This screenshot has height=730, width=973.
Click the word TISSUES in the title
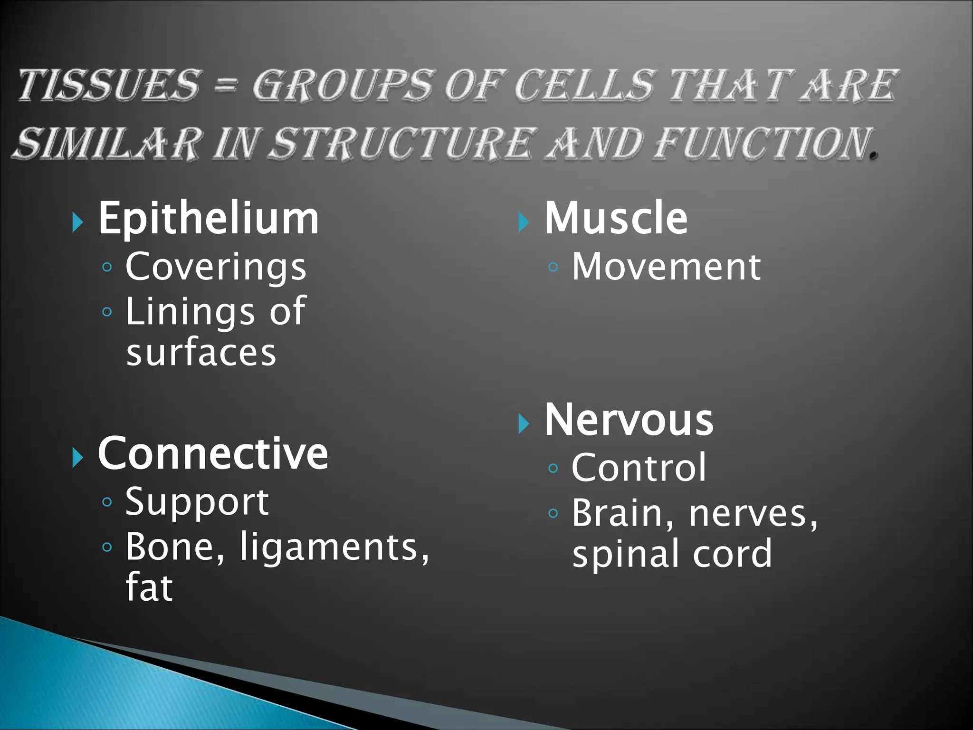(108, 86)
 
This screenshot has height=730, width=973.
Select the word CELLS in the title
(584, 86)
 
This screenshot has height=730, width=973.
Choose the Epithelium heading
(209, 219)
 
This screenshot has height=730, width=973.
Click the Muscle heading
(616, 218)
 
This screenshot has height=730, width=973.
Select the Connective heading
(213, 453)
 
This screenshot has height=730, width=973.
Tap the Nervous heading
(629, 420)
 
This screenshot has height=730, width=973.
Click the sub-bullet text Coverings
(216, 267)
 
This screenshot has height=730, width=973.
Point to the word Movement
(666, 267)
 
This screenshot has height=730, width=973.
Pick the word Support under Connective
(197, 502)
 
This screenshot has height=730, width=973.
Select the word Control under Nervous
(639, 468)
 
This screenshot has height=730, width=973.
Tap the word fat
(149, 587)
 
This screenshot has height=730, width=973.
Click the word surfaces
(201, 353)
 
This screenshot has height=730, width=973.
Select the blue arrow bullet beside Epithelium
(78, 222)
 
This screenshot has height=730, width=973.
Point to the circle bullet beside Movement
(553, 267)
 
